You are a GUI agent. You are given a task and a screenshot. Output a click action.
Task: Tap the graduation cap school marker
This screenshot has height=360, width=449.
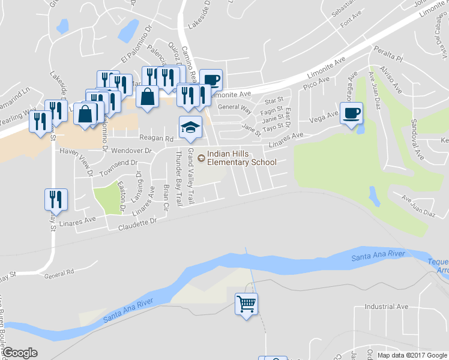click(x=190, y=128)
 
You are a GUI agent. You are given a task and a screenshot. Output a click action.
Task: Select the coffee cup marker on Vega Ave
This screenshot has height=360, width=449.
click(x=352, y=113)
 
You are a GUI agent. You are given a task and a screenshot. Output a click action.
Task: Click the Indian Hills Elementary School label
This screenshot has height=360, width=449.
click(x=242, y=158)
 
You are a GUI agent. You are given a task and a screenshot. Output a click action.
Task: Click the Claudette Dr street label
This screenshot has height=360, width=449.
click(x=137, y=225)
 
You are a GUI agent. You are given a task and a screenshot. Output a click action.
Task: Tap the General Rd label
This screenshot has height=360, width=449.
click(x=59, y=272)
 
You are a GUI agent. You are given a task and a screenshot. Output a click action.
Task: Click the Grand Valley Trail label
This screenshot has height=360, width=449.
click(x=191, y=176)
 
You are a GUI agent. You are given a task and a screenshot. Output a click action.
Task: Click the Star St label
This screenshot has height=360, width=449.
click(x=273, y=101)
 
